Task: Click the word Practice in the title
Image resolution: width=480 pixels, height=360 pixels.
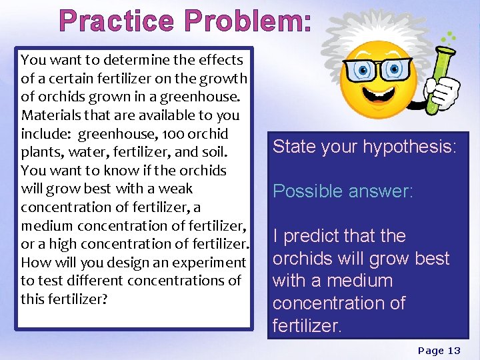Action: (x=117, y=21)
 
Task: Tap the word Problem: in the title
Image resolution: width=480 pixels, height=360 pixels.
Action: (x=248, y=21)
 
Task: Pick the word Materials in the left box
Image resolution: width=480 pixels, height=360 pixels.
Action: (x=49, y=115)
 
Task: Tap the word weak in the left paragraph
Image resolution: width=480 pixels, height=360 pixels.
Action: (x=175, y=189)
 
